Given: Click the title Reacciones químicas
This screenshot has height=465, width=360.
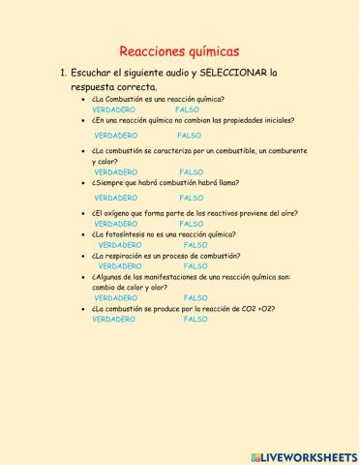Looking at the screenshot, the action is [x=179, y=51].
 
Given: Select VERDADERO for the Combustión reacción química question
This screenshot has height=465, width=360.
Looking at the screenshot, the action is [x=114, y=109].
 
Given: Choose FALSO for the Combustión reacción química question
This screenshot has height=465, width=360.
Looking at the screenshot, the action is [x=187, y=109].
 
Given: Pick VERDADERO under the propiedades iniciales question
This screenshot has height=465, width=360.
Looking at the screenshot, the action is [x=116, y=136].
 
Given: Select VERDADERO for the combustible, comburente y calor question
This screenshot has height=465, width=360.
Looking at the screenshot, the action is [x=116, y=171].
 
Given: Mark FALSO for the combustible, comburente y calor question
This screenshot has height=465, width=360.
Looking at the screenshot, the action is [x=191, y=171].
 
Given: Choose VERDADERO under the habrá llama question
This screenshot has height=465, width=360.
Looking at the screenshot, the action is [x=116, y=197].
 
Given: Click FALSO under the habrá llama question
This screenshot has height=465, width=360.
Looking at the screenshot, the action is [x=191, y=197].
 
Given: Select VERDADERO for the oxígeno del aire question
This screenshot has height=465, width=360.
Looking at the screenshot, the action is [x=116, y=224].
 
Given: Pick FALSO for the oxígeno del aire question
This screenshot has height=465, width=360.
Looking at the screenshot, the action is [x=191, y=224].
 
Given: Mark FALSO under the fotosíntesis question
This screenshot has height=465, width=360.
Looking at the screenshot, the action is [x=195, y=245].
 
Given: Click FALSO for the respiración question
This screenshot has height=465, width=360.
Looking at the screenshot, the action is [x=195, y=265].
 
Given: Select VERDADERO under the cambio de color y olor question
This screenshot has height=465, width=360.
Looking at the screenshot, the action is [x=116, y=297].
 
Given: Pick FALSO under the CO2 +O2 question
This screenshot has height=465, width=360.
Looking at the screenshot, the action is [x=195, y=319].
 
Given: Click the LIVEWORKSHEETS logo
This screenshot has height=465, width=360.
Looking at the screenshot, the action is [x=302, y=454].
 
